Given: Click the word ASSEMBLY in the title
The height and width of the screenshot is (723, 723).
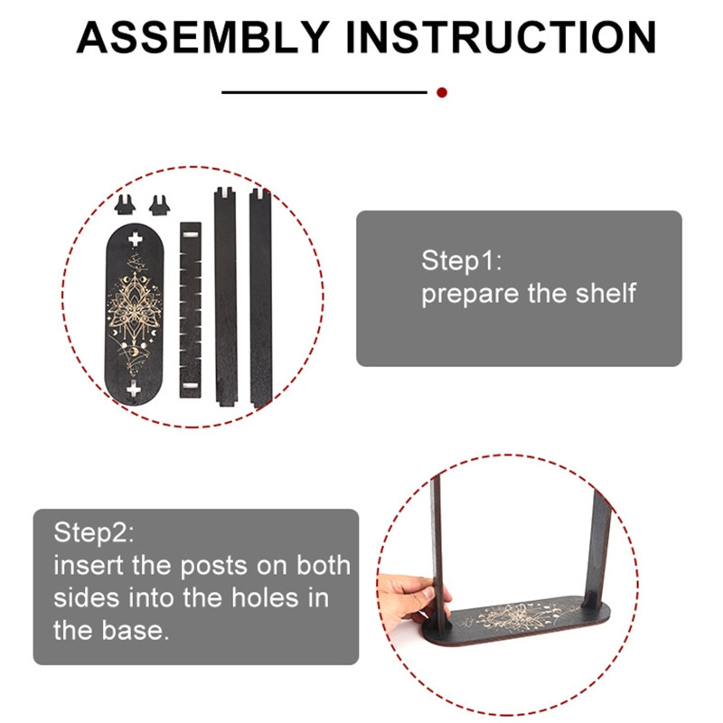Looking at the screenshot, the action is (x=202, y=37).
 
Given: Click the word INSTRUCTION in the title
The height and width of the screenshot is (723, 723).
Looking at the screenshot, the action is (x=502, y=37).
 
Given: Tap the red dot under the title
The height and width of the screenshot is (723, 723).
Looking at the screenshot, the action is (x=442, y=92).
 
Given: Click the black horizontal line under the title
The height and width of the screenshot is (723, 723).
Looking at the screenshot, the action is (x=324, y=92).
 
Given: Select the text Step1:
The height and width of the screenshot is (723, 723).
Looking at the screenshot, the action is (x=462, y=261).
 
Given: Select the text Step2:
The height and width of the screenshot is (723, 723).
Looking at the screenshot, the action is (x=94, y=532).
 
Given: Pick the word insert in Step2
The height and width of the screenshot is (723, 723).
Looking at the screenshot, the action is (x=89, y=566).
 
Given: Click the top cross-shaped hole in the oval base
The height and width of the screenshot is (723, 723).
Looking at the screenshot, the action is (x=135, y=239).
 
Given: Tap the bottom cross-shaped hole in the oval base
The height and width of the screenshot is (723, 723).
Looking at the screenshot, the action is (x=134, y=390).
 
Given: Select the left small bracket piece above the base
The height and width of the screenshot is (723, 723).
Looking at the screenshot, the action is (x=125, y=205).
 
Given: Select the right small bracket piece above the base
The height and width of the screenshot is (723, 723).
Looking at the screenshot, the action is (x=160, y=206).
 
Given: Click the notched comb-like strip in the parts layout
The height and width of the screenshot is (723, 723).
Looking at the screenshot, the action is (x=191, y=310).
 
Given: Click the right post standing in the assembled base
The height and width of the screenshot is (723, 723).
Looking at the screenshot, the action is (x=598, y=549).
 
